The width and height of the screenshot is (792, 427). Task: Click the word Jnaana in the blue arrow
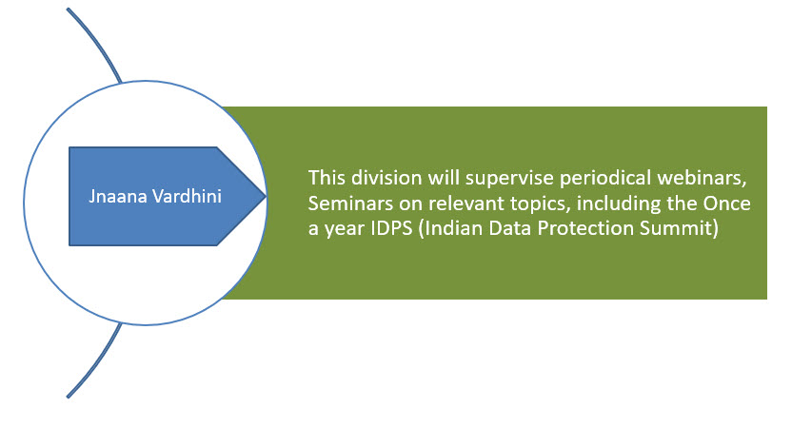pos(118,196)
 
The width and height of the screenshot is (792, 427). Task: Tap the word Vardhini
pos(187,196)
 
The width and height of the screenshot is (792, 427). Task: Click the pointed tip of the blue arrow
pos(266,196)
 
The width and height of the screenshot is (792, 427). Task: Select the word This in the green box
pos(327,178)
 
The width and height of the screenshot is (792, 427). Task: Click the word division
pos(386,178)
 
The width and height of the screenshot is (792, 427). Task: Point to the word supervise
pos(509,179)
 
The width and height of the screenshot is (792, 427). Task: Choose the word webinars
pos(702,179)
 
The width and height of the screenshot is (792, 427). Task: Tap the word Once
pos(727,204)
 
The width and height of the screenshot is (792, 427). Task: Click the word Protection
pos(585,228)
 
